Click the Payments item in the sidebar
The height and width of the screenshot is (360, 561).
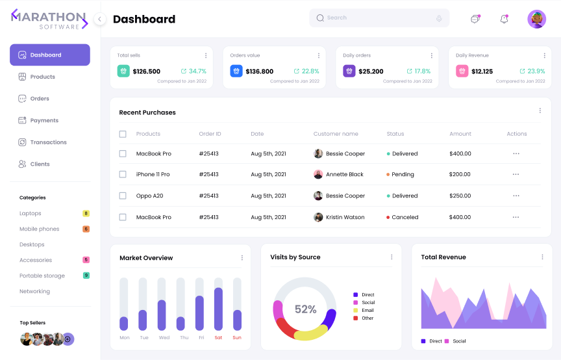click(44, 120)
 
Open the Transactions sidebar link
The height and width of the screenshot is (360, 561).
click(48, 142)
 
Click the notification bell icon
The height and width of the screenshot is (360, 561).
click(504, 19)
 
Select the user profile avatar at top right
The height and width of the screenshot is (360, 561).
click(536, 19)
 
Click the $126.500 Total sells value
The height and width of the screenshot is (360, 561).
click(146, 71)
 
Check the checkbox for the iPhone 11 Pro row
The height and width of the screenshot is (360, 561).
click(123, 175)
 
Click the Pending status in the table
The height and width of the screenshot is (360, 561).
click(403, 175)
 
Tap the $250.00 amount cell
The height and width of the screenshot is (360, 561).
click(460, 196)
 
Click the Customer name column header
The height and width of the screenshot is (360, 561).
click(336, 134)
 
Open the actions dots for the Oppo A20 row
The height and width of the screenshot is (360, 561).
click(516, 196)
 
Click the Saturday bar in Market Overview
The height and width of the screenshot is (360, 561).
click(218, 309)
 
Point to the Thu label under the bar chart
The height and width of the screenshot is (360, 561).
click(184, 338)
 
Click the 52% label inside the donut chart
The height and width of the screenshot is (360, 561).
click(305, 309)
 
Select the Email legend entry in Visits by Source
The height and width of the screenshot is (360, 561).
click(368, 311)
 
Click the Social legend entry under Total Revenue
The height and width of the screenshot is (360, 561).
click(458, 341)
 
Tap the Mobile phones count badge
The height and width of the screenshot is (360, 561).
click(86, 229)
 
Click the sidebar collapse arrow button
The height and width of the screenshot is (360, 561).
click(99, 19)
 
